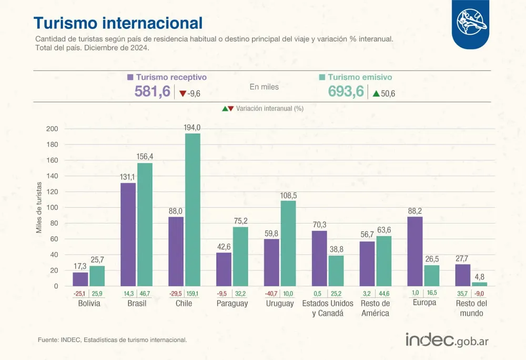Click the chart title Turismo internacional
click(x=118, y=23)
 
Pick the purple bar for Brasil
click(x=128, y=234)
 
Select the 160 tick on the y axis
click(x=53, y=161)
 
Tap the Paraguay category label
click(x=232, y=304)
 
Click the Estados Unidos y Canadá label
click(x=328, y=308)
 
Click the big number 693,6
click(x=346, y=92)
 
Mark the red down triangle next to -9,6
click(x=183, y=94)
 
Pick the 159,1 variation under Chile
click(x=193, y=293)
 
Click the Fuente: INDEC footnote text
click(x=112, y=339)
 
